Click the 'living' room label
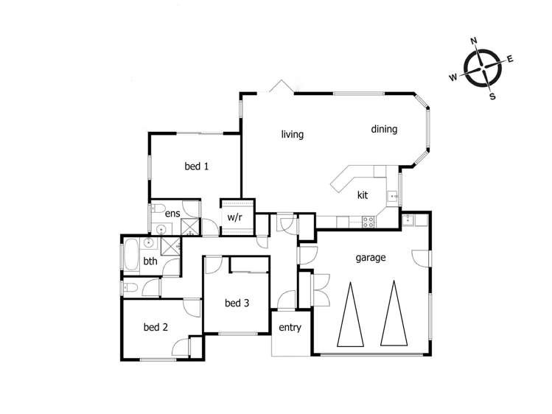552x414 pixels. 293,135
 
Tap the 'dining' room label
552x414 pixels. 384,130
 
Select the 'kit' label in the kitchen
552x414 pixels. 363,195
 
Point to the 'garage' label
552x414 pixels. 371,258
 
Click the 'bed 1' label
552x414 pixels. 197,166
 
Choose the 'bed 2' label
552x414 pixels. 156,328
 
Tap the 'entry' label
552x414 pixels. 290,328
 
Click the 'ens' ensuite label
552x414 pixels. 172,214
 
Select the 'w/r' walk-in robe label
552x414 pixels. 235,217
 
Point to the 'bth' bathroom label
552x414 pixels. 150,261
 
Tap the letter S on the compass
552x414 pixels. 493,97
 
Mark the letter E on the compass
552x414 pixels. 511,59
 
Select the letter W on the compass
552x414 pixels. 454,77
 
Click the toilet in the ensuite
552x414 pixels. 161,206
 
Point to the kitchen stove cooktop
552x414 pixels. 366,220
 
